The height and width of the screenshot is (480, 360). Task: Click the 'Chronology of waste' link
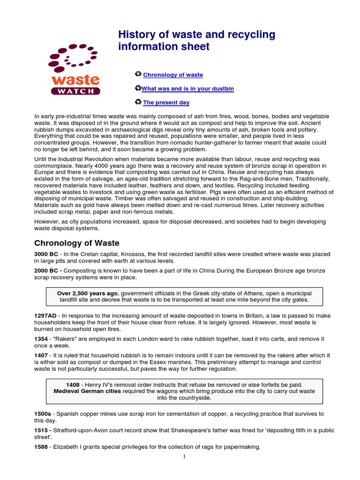point(173,75)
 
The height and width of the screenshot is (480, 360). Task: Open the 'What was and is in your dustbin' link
point(187,89)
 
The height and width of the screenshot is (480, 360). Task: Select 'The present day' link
point(166,103)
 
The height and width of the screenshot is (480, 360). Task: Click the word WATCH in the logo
point(75,91)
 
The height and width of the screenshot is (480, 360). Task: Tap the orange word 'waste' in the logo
point(75,79)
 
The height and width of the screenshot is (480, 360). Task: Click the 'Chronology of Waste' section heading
point(77,243)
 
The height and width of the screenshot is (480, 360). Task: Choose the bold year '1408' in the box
point(74,384)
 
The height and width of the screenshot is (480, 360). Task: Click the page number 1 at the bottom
point(185,457)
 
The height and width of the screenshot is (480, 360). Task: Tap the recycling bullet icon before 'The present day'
point(138,102)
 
